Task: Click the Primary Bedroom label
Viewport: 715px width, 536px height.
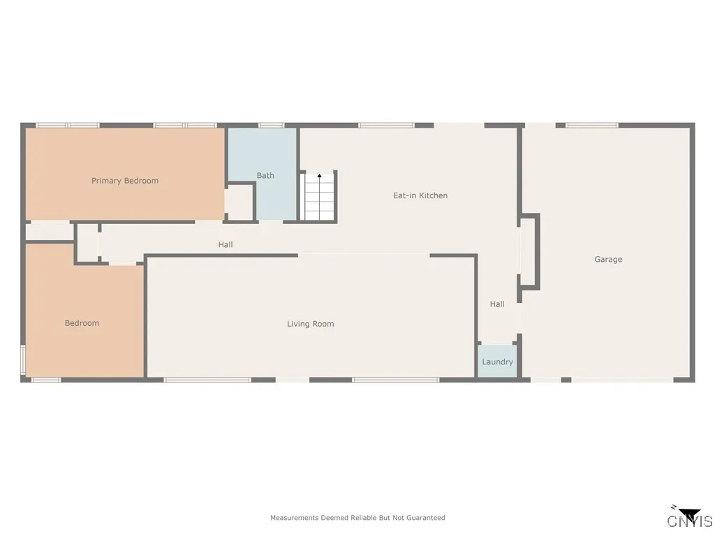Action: pos(125,181)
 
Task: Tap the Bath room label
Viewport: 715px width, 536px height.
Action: pos(265,175)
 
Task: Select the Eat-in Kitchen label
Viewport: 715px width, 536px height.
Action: pos(420,195)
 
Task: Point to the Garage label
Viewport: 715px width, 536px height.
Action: pos(608,259)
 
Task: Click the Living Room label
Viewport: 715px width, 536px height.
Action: pos(311,324)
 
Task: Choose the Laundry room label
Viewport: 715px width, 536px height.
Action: pos(497,362)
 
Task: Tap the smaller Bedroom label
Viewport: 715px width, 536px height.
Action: pos(82,323)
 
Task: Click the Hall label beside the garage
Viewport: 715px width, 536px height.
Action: pos(497,304)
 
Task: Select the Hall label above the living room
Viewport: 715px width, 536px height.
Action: pos(225,244)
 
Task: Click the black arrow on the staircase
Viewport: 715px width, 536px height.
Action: pos(320,177)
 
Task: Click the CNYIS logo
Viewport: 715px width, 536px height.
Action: pos(690,519)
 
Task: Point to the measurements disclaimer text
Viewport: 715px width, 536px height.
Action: pos(357,518)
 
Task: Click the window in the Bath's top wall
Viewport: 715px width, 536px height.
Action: pos(271,126)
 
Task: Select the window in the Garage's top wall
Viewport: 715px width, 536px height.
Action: pos(591,126)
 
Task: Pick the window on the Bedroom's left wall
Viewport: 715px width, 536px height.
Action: pos(22,360)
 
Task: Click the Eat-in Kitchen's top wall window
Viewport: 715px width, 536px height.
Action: pos(386,126)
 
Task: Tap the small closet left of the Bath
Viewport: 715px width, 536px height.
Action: pos(239,202)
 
